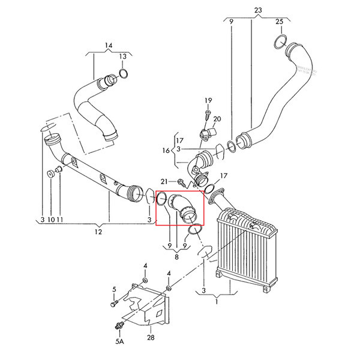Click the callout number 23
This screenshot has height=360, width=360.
coord(258,10)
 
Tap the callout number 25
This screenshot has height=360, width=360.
coord(280,22)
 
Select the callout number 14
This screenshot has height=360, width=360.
coord(109,45)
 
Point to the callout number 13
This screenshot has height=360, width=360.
coord(123,56)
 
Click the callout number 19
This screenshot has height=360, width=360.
coord(208,100)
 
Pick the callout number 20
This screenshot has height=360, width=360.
coord(217,119)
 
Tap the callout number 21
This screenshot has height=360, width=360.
coord(164,182)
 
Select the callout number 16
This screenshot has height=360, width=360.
coord(166,151)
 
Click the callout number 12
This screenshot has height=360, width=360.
coord(98,232)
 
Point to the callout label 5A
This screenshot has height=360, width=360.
coord(119,341)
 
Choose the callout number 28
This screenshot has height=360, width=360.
coord(151,337)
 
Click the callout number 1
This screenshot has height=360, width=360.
coord(217,302)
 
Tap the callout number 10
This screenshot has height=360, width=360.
coord(51,220)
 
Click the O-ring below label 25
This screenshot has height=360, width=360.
coord(281,42)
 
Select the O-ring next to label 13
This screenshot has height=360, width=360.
coord(124,74)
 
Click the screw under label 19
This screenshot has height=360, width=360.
coord(208,115)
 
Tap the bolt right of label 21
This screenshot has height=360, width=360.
coord(182,182)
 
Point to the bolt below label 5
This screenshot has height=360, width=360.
coord(114,303)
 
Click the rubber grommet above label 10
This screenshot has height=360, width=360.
coord(50,174)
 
